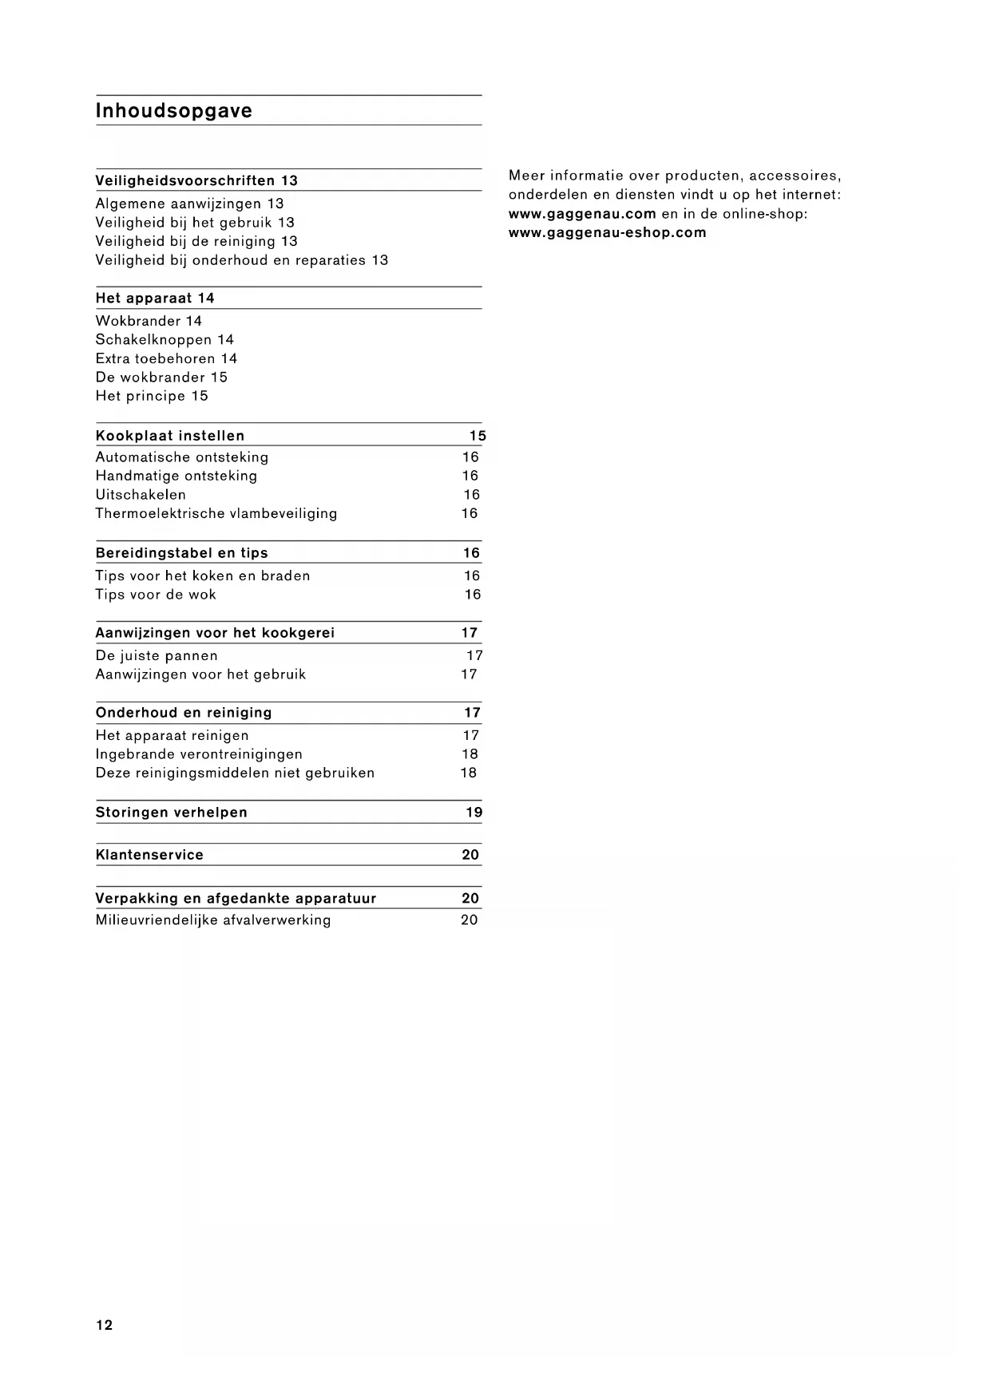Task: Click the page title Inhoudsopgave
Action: coord(173,111)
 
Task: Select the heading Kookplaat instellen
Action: coord(170,436)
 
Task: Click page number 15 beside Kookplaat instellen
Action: coord(478,436)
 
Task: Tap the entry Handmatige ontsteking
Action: coord(176,476)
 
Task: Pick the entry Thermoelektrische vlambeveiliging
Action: coord(216,513)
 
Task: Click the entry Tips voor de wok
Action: coord(156,595)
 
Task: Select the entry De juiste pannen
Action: coord(157,656)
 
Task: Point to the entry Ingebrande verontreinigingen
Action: coord(199,754)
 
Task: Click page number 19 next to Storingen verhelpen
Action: coord(474,813)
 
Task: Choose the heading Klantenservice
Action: coord(149,855)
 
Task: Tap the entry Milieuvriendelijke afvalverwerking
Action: coord(213,920)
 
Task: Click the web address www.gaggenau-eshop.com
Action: coord(608,233)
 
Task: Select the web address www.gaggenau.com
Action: coord(582,214)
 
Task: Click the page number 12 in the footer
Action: coord(105,1325)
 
